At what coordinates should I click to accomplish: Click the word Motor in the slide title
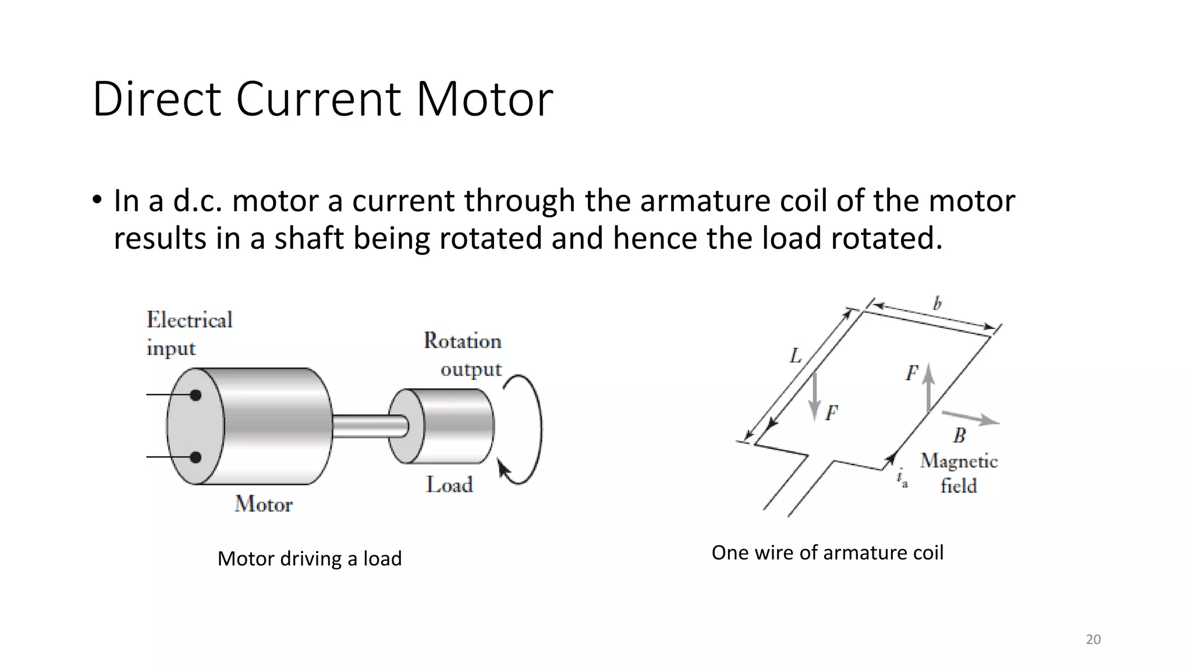click(x=484, y=99)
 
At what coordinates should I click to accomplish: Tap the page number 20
click(x=1093, y=639)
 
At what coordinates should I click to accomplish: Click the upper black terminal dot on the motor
click(x=196, y=395)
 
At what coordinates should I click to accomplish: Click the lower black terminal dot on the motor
click(x=196, y=458)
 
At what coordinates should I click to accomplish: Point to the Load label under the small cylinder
click(x=449, y=484)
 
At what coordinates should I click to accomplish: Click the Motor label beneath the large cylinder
click(x=263, y=504)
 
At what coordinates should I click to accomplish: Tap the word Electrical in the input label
click(x=189, y=320)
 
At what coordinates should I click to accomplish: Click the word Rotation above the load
click(x=462, y=341)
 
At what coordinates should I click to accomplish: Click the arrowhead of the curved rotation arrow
click(x=503, y=469)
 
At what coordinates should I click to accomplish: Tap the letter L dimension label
click(x=796, y=355)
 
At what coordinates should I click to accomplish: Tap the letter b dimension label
click(x=937, y=304)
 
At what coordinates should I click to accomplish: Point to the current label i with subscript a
click(x=902, y=479)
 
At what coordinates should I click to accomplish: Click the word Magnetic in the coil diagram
click(x=959, y=461)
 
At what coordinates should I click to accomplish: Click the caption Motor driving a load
click(x=309, y=558)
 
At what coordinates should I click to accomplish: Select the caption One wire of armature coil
click(x=827, y=553)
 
